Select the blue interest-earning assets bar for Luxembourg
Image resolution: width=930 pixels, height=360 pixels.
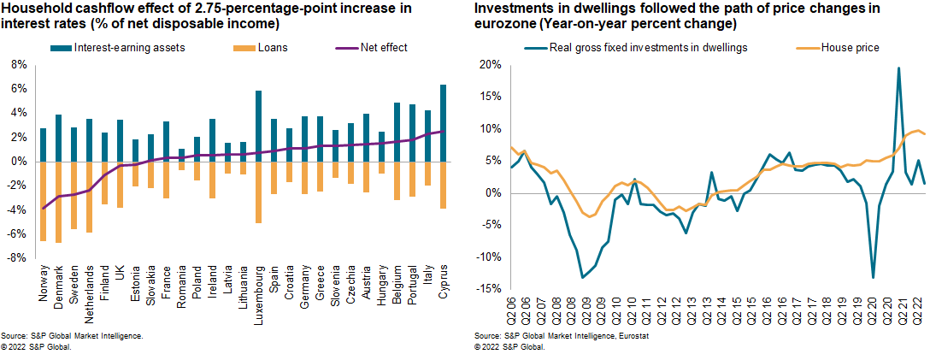(258, 126)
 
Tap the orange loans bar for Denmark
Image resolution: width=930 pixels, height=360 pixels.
(58, 202)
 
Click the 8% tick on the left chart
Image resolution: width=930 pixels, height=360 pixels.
(16, 64)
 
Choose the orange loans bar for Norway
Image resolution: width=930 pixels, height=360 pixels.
(43, 201)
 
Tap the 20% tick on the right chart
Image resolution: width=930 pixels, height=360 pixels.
(488, 64)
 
